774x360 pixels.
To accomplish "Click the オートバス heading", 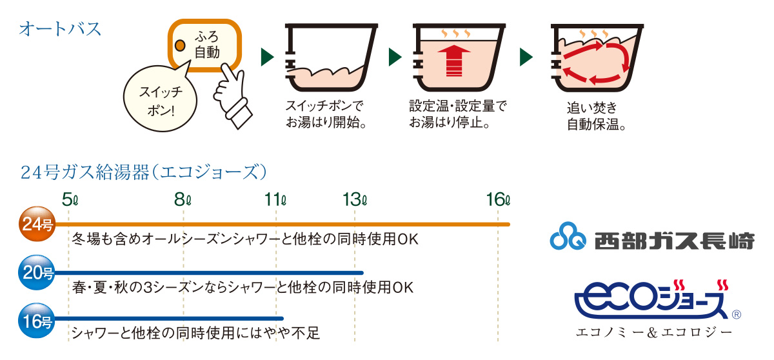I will (x=60, y=29).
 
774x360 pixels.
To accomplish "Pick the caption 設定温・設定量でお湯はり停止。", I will (x=457, y=114).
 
